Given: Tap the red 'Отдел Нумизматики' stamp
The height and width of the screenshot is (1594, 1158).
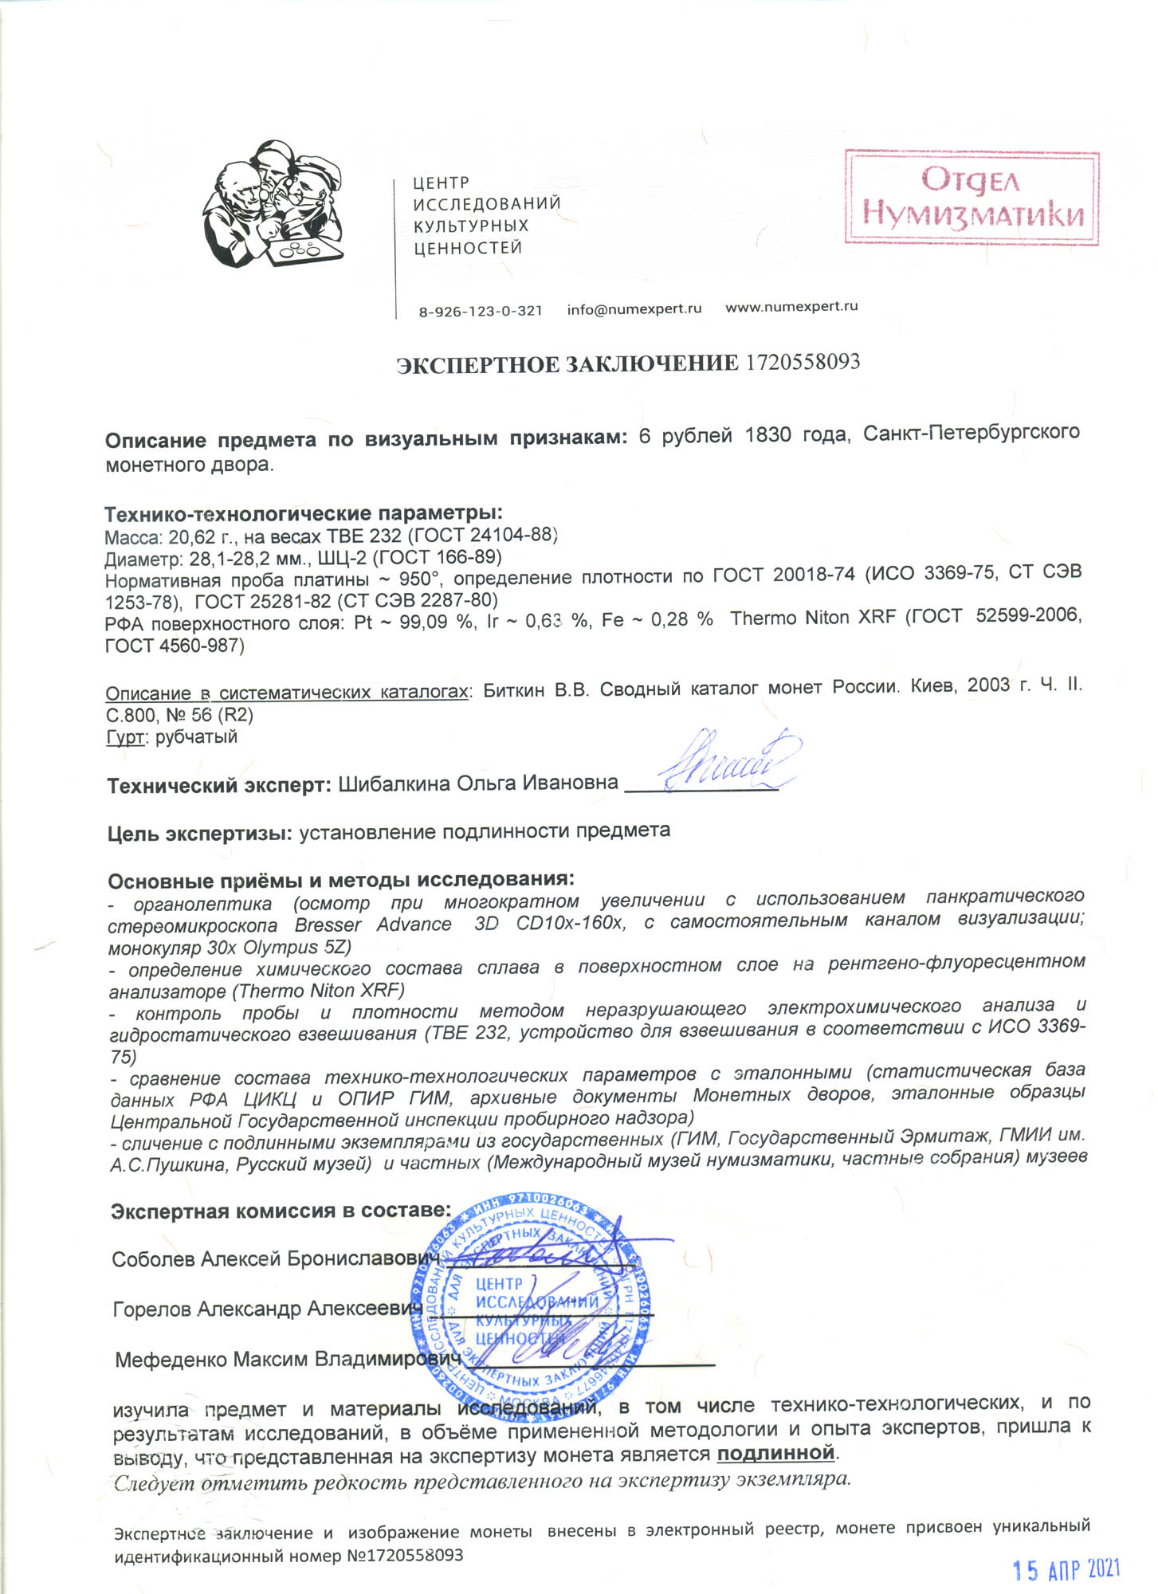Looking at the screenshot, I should point(972,198).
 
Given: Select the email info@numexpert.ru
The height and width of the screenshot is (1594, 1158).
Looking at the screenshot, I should point(634,309).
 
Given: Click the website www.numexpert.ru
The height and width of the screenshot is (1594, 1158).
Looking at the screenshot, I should point(791,307).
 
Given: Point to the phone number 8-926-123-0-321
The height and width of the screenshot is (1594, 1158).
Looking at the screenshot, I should point(480,311).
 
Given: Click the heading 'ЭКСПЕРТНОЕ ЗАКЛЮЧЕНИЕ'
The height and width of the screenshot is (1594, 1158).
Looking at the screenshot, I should point(567,364).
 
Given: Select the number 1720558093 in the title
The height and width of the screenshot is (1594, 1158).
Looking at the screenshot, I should point(803,363).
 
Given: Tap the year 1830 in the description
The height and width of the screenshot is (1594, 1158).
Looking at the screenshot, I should point(768,435).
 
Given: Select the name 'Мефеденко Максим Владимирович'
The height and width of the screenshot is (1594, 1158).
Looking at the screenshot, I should point(288,1359).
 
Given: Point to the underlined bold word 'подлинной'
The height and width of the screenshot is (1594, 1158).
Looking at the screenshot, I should point(775,1453).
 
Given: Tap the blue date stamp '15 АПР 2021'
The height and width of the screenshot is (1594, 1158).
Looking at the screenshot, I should point(1066,1569).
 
